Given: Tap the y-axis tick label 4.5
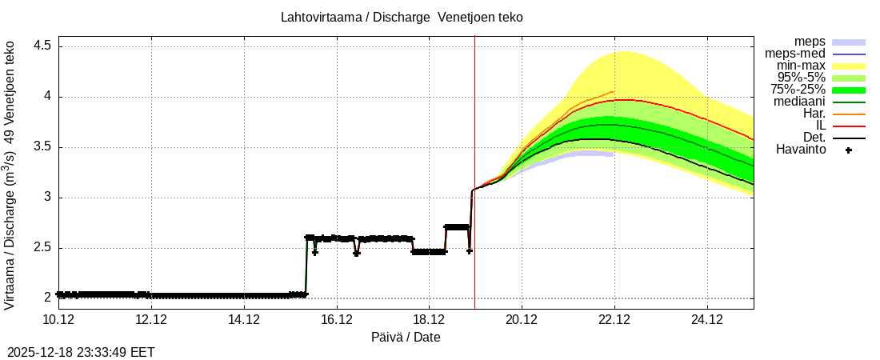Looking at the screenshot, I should pyautogui.click(x=42, y=46).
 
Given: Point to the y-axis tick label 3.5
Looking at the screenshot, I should pyautogui.click(x=42, y=147).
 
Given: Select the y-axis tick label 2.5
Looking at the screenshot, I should pyautogui.click(x=42, y=248).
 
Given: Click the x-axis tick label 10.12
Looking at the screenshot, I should pyautogui.click(x=58, y=319).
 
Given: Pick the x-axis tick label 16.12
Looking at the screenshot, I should pyautogui.click(x=337, y=319).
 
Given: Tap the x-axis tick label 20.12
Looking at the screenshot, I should pyautogui.click(x=522, y=319).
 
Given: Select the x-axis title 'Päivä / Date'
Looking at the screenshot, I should pyautogui.click(x=406, y=337).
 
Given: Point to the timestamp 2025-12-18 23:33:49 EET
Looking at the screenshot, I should pyautogui.click(x=81, y=352).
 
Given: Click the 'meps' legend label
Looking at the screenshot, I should pyautogui.click(x=810, y=42).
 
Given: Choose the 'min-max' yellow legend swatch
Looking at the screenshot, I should pyautogui.click(x=849, y=66).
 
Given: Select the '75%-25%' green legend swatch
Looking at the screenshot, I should pyautogui.click(x=849, y=90).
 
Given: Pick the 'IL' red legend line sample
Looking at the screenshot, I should pyautogui.click(x=849, y=126).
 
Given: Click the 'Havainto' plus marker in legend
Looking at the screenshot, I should pyautogui.click(x=849, y=150).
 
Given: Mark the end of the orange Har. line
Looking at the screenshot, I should pyautogui.click(x=614, y=92).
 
